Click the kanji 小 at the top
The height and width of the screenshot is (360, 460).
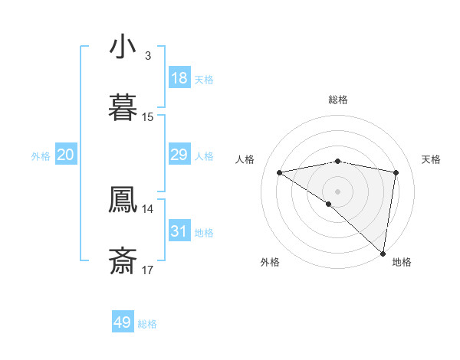tap(123, 47)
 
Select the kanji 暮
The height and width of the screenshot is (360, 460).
tap(123, 108)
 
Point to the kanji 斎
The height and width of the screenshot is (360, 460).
tap(123, 261)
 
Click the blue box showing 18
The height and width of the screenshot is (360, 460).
tap(179, 78)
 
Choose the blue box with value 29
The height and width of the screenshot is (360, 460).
tap(179, 155)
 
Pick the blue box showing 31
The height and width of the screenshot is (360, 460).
tap(179, 231)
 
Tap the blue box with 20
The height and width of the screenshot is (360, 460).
tap(66, 155)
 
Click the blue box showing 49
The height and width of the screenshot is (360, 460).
tap(123, 322)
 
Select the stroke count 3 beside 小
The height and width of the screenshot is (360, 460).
tap(148, 56)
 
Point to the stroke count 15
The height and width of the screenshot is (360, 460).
tap(148, 117)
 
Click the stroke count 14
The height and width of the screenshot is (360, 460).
tap(148, 208)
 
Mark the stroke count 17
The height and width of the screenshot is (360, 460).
tap(148, 270)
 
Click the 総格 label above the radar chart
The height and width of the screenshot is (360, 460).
tap(338, 100)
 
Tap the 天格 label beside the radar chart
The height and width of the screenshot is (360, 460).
tap(432, 159)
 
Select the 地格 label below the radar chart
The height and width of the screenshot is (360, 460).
tap(402, 262)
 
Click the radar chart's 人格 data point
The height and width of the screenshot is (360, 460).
tap(280, 172)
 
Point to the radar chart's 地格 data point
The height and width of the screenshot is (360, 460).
tap(383, 253)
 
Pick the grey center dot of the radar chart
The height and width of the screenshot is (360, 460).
tap(338, 191)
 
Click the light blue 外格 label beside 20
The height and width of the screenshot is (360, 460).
tap(41, 156)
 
